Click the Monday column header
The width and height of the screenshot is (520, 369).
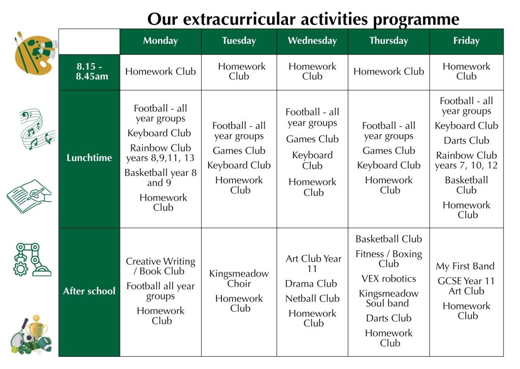(x=160, y=41)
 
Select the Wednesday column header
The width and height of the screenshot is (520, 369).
(x=312, y=41)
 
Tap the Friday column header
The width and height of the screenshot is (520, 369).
(x=466, y=41)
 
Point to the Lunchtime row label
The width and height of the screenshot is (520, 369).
(x=89, y=158)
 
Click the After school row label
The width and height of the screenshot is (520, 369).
(x=89, y=291)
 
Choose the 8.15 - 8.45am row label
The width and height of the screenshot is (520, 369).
(x=89, y=72)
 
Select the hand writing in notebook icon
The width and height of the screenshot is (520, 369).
(x=29, y=196)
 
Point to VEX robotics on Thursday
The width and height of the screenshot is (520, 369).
(x=388, y=279)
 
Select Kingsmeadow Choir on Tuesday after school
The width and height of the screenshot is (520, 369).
(x=239, y=279)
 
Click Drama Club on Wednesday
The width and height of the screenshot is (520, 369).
(x=311, y=284)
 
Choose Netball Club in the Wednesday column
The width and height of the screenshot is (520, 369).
(x=312, y=298)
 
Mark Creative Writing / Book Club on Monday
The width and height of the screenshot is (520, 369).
(x=160, y=266)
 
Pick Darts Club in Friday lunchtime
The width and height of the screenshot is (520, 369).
(x=466, y=141)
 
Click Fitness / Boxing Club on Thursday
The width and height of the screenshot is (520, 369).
(x=388, y=259)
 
